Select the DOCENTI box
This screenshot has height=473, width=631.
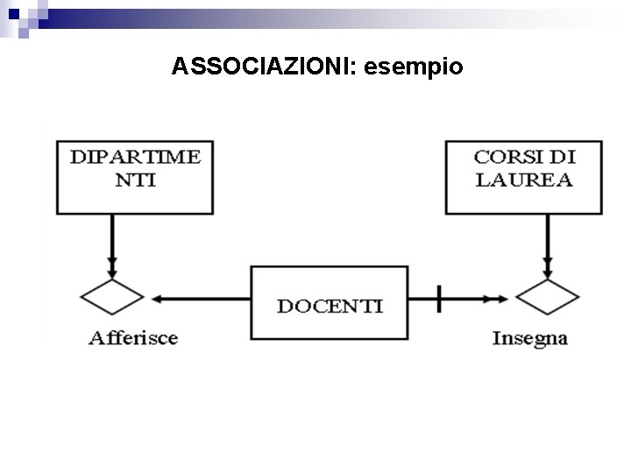[330, 302]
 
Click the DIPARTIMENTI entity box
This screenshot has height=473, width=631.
[135, 176]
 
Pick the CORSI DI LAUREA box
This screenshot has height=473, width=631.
[523, 176]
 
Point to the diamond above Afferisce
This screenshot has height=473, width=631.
[112, 297]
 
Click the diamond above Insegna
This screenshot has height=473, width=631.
[548, 297]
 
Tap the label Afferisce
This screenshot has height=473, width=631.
[133, 338]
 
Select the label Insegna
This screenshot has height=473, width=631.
[529, 338]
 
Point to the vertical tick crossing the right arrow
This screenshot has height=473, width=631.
[438, 299]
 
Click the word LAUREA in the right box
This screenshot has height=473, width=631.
[523, 180]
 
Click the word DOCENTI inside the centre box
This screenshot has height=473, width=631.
[330, 306]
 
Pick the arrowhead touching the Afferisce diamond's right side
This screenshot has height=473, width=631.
[156, 299]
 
